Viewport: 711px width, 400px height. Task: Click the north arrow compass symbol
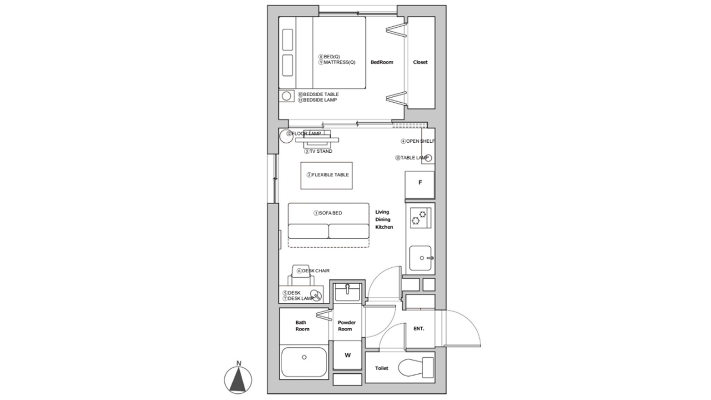[x=238, y=379]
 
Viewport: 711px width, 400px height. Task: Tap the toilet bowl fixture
[x=416, y=368]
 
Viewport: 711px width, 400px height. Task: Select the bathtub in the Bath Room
[x=304, y=362]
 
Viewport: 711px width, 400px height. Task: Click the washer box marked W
[x=348, y=355]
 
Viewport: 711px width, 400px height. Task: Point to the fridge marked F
[x=419, y=185]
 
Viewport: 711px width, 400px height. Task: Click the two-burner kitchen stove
[x=420, y=218]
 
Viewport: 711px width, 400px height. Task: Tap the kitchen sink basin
[x=420, y=258]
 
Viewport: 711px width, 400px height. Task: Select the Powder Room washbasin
[x=347, y=292]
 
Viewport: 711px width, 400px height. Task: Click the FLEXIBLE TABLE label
[x=328, y=175]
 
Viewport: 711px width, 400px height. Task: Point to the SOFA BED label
[x=328, y=213]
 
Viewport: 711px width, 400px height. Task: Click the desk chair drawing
[x=301, y=275]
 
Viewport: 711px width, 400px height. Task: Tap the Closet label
[x=420, y=62]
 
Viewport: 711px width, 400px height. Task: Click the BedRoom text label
[x=382, y=62]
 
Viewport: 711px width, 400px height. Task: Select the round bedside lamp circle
[x=286, y=96]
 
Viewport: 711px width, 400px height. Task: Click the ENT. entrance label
[x=419, y=328]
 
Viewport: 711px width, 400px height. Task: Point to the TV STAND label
[x=318, y=152]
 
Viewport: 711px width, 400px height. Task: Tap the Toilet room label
[x=382, y=368]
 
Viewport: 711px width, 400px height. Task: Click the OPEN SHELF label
[x=418, y=141]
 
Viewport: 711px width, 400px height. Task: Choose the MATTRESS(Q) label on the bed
[x=337, y=62]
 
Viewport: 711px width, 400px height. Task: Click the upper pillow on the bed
[x=288, y=39]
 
